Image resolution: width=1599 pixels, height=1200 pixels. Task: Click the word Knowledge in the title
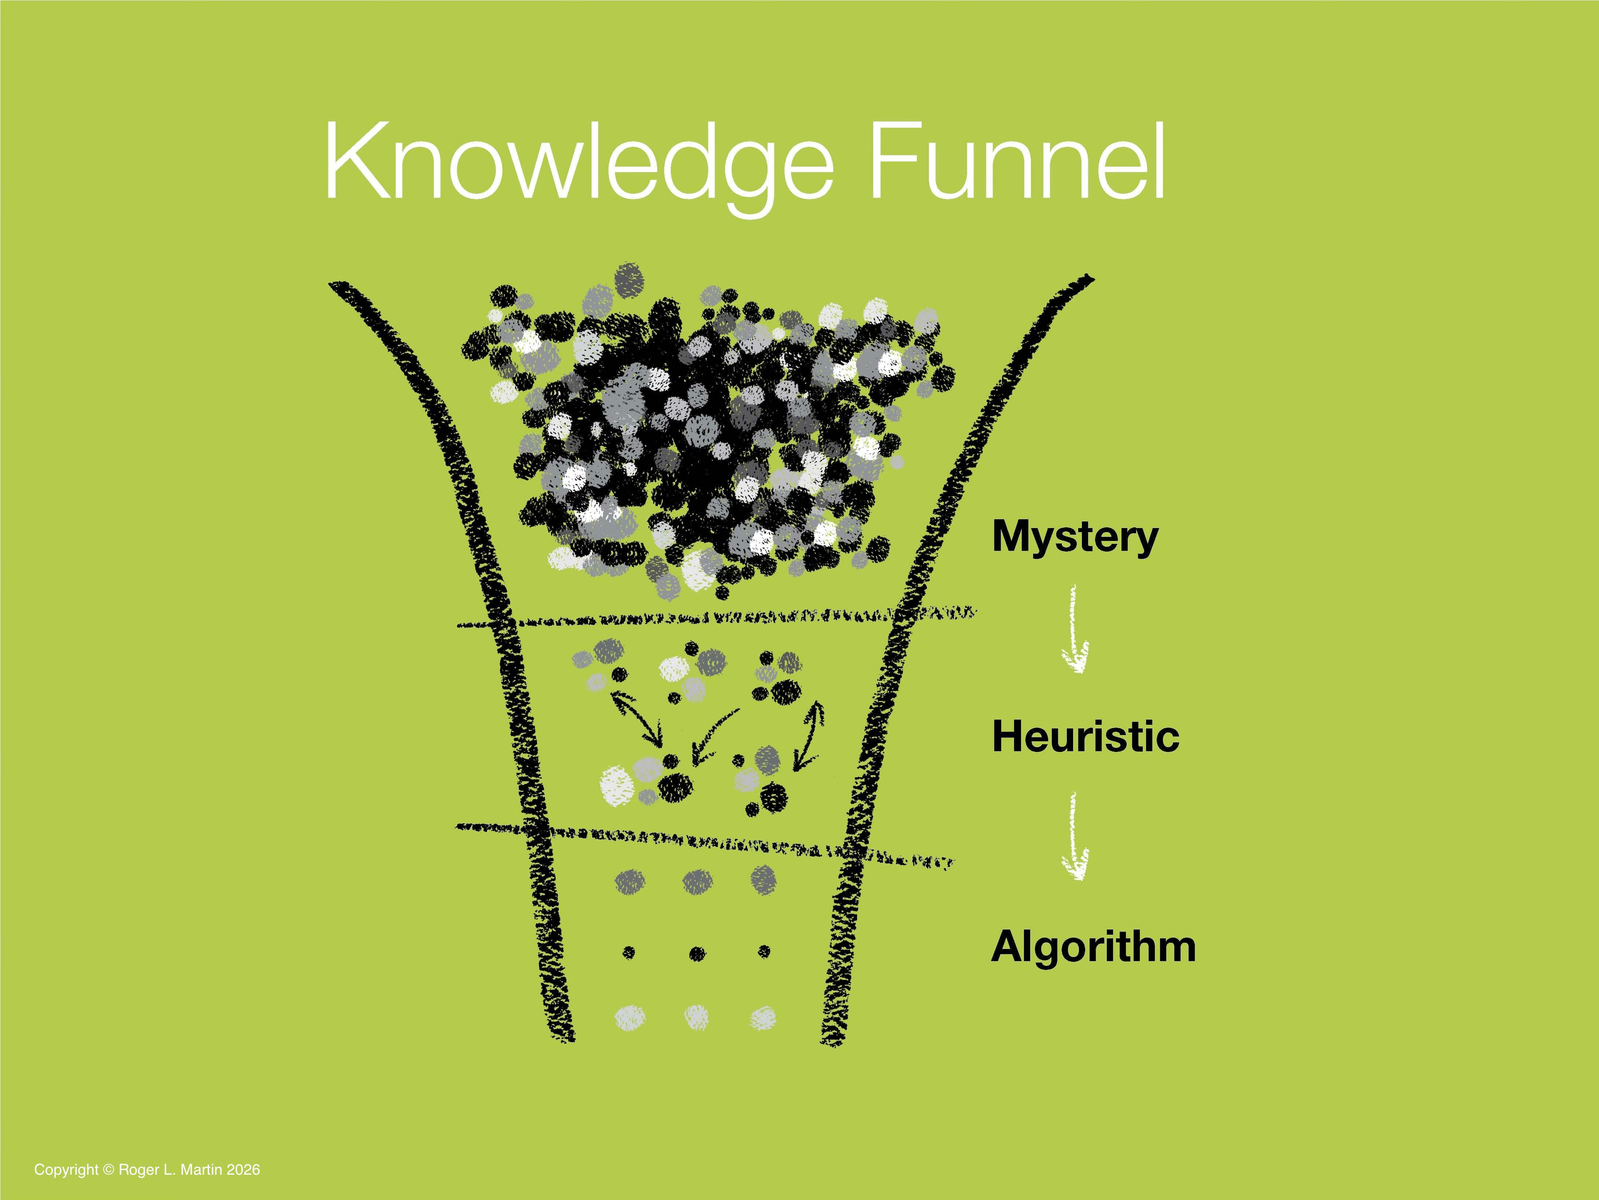click(x=578, y=163)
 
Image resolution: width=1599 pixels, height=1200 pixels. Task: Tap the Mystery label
click(x=1075, y=537)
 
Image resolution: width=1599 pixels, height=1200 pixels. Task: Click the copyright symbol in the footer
click(x=109, y=1170)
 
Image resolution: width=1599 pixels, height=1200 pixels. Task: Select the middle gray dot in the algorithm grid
click(x=697, y=881)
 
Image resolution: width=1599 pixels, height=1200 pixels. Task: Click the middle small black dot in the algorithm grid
click(x=697, y=953)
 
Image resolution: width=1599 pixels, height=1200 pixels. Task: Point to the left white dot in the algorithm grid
click(x=630, y=1016)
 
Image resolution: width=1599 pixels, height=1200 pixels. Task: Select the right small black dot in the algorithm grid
click(x=764, y=952)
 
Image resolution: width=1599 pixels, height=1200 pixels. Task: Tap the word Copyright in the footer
click(x=66, y=1170)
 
